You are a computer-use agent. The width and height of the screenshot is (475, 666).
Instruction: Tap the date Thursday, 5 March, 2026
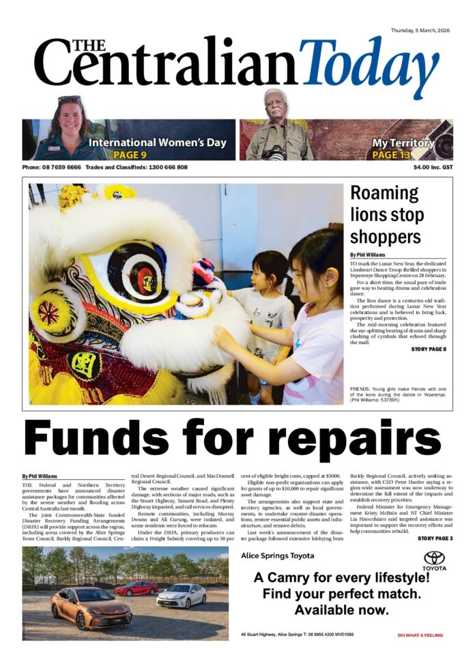pos(423,31)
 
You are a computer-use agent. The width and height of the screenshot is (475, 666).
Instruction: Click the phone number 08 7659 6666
pos(61,167)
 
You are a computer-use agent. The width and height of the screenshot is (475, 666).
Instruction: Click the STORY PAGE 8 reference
pos(429,349)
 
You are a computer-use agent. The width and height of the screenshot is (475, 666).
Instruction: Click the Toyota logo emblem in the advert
pos(434,559)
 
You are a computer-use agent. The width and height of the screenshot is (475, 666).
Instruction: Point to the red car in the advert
pos(136,588)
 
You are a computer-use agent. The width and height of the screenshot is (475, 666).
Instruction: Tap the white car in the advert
pos(181,596)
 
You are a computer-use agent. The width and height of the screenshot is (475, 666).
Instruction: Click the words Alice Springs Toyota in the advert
pos(278,555)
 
